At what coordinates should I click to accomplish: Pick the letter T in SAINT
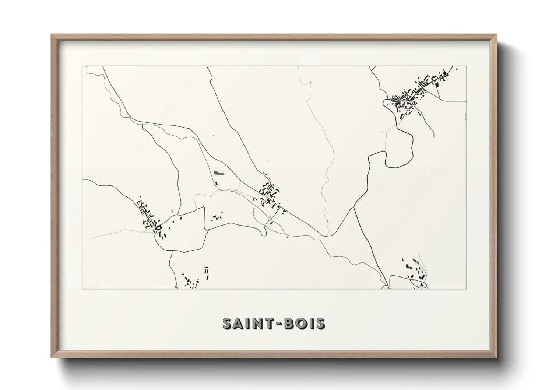(269, 323)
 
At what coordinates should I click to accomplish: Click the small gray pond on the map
(218, 173)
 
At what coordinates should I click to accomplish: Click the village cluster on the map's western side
(149, 217)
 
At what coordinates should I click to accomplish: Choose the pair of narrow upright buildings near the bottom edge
(207, 272)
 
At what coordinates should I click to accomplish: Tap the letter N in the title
(259, 323)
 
